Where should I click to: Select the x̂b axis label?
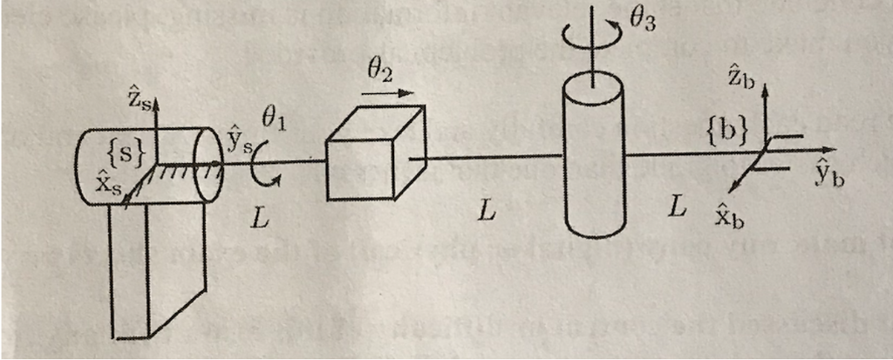click(x=731, y=216)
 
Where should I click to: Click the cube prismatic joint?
click(x=376, y=153)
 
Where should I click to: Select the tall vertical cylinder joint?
click(x=594, y=158)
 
